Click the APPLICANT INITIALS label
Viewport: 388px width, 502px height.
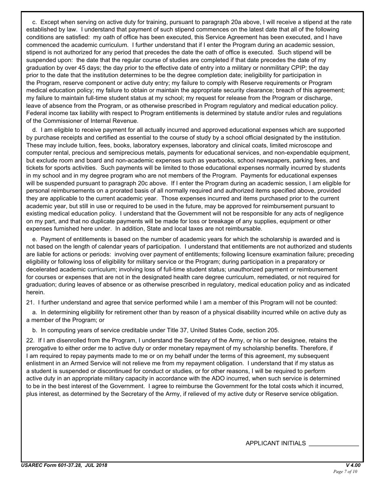tap(275, 443)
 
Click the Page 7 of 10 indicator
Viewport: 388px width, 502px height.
tap(345, 472)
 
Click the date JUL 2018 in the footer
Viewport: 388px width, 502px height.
tap(96, 465)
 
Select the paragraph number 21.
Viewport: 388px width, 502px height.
tap(29, 302)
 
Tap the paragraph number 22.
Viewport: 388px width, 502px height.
tap(29, 340)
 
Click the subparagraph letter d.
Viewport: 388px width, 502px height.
tap(34, 130)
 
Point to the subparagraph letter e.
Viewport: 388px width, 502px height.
tap(34, 239)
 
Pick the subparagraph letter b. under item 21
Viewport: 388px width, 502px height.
tap(34, 330)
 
